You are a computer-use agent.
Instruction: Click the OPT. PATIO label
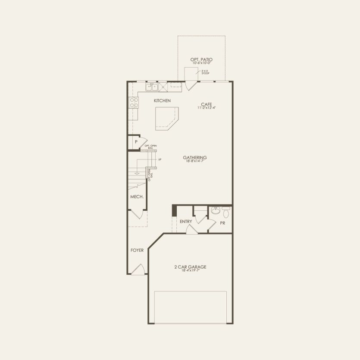201,59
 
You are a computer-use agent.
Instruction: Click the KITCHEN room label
163,101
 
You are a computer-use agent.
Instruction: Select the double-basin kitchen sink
152,88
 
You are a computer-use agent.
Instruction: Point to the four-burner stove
134,102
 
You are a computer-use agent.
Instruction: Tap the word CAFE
206,104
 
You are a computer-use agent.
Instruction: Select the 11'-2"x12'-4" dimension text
206,108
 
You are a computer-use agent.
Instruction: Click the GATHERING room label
195,157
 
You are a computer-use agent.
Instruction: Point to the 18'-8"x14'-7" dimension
195,161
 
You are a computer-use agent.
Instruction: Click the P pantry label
136,142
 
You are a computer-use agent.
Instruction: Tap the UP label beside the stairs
160,160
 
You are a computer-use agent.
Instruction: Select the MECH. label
137,197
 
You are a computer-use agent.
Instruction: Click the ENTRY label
186,222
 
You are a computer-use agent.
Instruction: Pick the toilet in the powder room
226,211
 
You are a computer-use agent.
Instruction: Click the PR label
222,223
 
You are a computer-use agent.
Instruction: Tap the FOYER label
137,250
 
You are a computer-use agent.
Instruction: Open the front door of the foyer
138,270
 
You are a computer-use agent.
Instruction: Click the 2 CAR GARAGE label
190,267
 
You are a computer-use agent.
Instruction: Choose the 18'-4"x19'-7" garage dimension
190,271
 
